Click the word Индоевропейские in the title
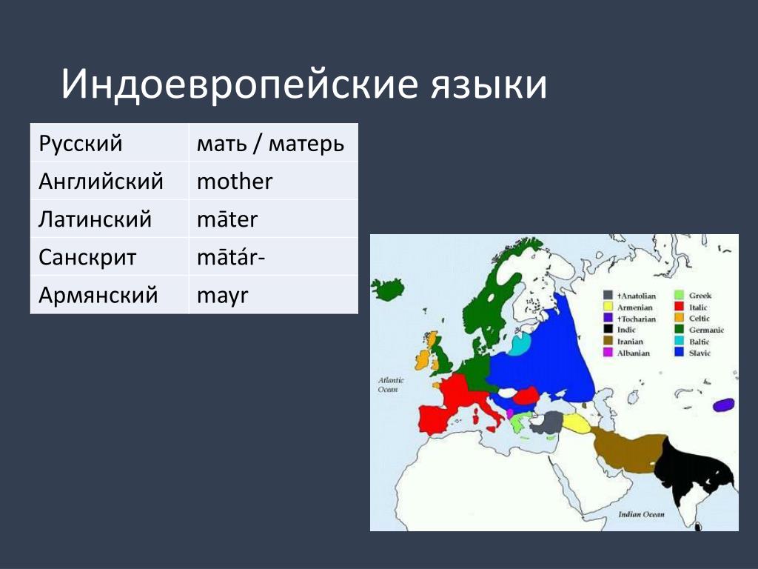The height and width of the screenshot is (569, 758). pos(239,84)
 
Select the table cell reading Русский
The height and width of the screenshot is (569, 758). pos(110,143)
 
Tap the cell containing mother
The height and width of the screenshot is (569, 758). pos(274,181)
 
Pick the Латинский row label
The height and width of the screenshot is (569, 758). pos(110,219)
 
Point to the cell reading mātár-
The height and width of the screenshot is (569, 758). pos(274,256)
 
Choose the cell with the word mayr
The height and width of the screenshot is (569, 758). pos(274,295)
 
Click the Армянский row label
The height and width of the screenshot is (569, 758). pos(110,295)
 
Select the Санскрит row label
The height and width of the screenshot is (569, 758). pos(110,256)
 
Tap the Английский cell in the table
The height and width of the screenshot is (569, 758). pos(110,181)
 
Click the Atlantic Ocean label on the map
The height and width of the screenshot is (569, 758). pos(391,385)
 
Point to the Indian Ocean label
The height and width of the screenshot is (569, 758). pos(641,514)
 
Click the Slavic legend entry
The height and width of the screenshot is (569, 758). pos(693,353)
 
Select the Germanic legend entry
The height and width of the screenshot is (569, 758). pos(700,330)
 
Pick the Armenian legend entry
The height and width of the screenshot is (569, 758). pos(628,307)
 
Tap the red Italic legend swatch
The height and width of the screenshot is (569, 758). pos(680,307)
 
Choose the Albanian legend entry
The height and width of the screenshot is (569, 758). pos(626,353)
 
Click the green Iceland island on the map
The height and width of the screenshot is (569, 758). pos(388,290)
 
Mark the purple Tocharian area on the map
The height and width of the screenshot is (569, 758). pos(724,405)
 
